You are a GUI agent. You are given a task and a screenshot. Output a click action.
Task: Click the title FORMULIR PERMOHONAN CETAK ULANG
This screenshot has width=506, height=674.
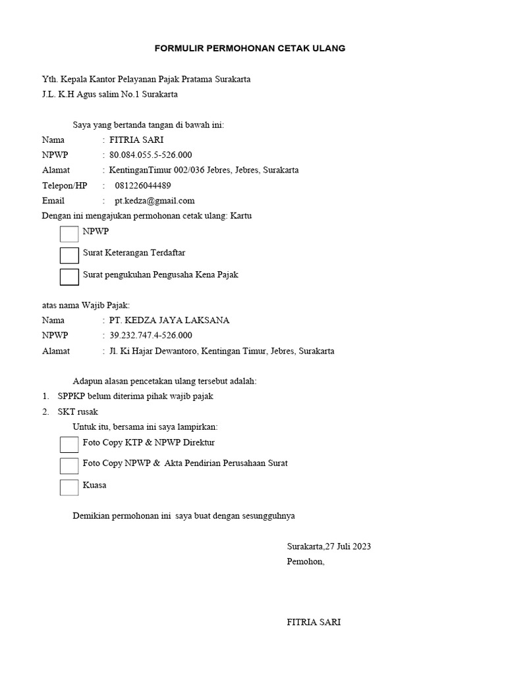point(250,49)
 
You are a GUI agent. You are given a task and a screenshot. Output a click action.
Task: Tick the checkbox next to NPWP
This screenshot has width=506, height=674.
point(69,234)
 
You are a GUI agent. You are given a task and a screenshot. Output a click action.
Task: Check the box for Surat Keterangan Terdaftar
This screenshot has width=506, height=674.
point(69,255)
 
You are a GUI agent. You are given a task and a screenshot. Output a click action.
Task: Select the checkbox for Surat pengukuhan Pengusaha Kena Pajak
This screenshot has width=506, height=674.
point(69,277)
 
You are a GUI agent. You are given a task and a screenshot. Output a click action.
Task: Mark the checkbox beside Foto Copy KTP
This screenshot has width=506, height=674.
point(69,444)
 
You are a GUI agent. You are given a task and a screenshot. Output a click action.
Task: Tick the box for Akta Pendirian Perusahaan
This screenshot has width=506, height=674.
point(69,466)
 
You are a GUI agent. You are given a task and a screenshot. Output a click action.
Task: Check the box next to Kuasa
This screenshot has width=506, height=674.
point(69,487)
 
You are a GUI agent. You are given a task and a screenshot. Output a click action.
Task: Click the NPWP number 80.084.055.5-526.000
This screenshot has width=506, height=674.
point(150,155)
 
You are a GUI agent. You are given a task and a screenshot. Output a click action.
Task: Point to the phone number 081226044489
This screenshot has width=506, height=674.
point(142,186)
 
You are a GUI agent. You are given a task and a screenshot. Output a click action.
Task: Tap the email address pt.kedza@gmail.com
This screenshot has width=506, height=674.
point(154,201)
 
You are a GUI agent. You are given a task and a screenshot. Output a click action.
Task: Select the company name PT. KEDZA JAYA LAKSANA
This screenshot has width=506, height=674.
point(169,321)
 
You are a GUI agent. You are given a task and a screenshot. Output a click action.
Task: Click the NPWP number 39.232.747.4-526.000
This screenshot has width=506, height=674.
point(150,336)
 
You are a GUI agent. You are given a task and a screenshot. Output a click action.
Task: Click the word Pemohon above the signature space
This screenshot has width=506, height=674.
point(305,561)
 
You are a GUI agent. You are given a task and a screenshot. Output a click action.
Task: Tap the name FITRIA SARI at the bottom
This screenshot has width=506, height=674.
point(314,622)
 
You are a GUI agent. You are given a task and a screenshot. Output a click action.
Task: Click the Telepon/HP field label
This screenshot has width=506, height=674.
point(64,186)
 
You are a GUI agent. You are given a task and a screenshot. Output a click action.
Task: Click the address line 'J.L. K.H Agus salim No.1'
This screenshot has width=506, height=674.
point(109,94)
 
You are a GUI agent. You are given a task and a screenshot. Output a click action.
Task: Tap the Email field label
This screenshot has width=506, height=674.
point(53,201)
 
